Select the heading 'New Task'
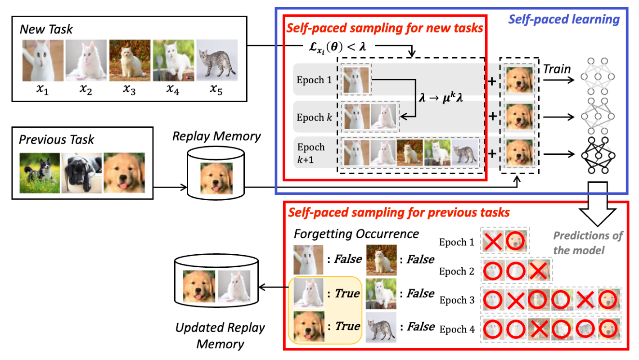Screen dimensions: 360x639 coord(46,30)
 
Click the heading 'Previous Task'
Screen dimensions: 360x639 coord(56,139)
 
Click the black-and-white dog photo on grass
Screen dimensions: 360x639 coord(40,173)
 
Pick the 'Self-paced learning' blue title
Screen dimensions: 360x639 coord(564,20)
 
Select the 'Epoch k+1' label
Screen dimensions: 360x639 coord(311,153)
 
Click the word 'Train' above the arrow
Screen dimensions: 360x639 coord(557,69)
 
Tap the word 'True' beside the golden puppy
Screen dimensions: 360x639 coord(346,326)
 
